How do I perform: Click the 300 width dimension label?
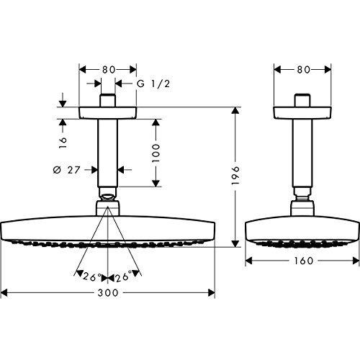click(x=108, y=293)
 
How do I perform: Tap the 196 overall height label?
click(x=236, y=175)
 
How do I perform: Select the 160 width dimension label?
click(x=304, y=261)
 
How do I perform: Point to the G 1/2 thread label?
click(x=153, y=84)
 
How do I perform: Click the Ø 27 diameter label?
click(x=66, y=170)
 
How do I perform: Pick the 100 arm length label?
click(x=156, y=153)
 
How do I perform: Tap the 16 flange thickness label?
click(x=63, y=143)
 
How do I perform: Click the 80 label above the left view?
click(x=109, y=70)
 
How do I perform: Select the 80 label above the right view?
click(x=304, y=70)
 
